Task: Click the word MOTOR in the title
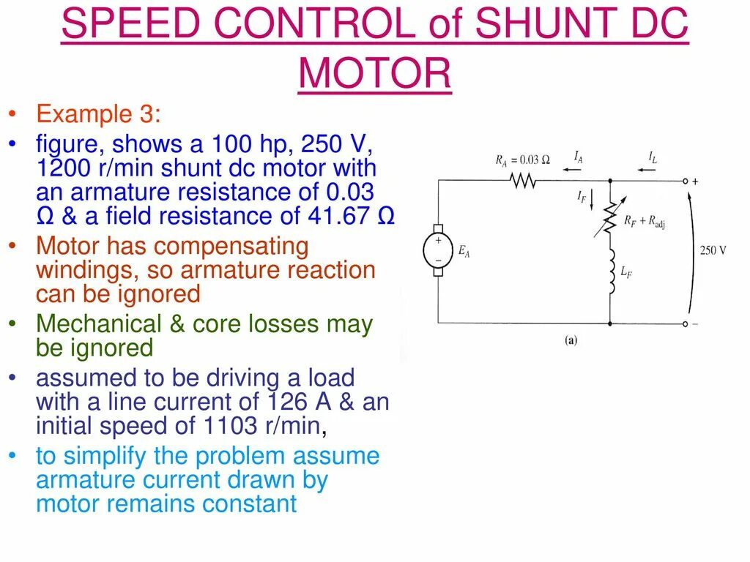tap(375, 73)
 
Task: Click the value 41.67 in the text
tap(338, 216)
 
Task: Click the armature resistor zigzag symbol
tap(523, 180)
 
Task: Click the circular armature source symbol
tap(438, 250)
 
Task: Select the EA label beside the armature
tap(464, 251)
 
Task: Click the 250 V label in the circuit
tap(713, 250)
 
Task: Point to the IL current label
tap(652, 156)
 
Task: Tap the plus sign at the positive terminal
tap(695, 180)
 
